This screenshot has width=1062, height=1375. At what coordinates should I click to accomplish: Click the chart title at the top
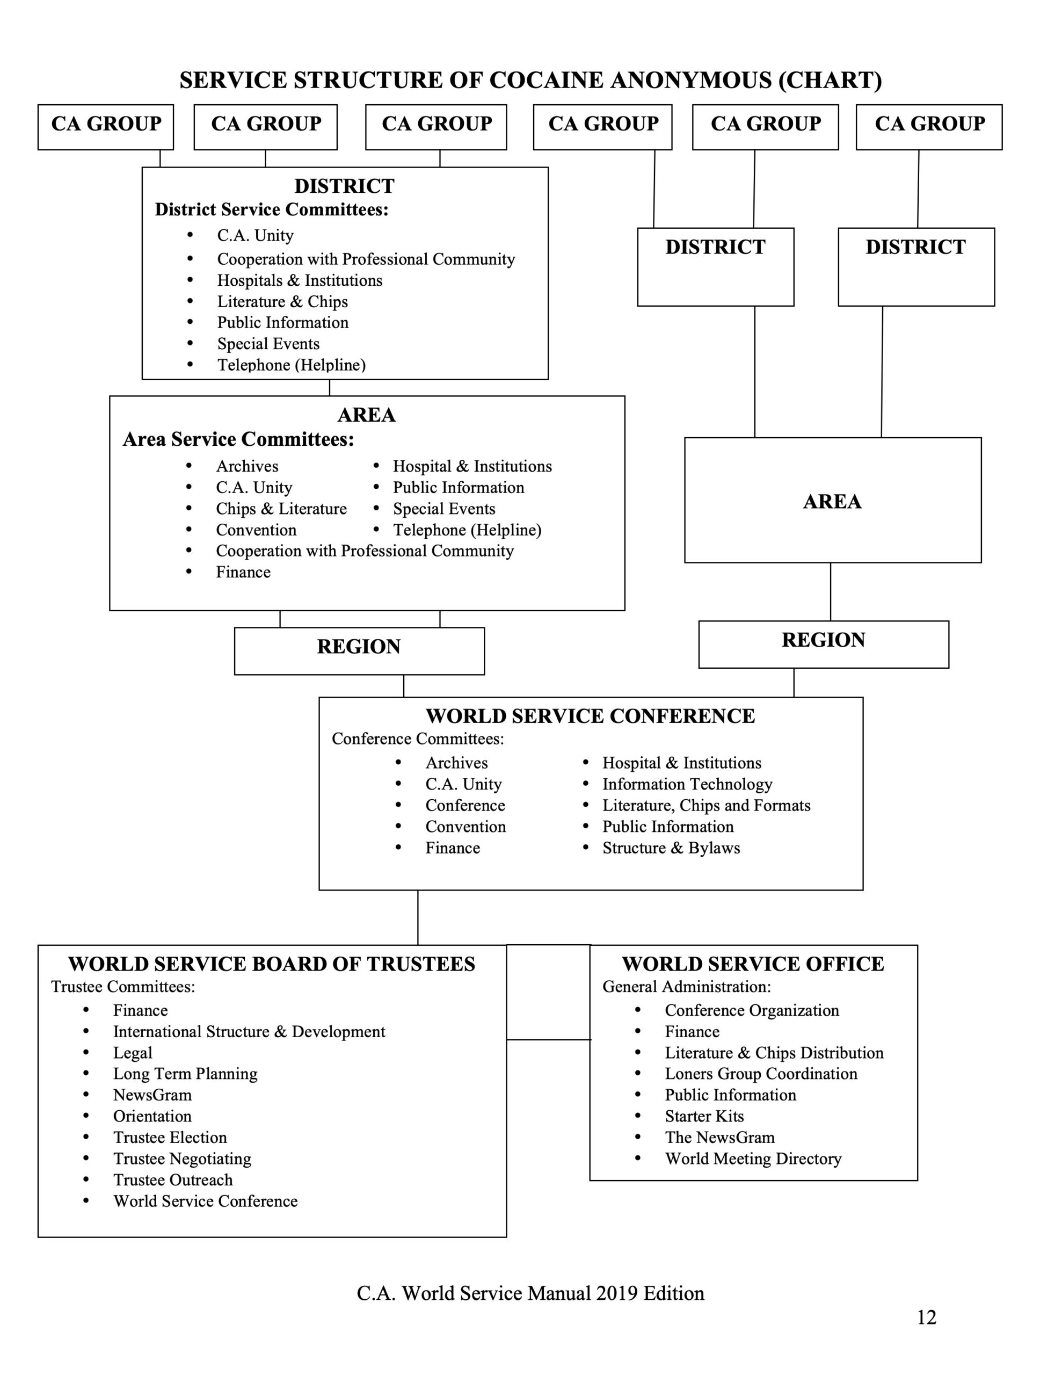530,81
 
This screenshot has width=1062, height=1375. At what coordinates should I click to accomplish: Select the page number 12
926,1317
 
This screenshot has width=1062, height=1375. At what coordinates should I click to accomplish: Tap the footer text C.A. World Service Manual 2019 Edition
530,1293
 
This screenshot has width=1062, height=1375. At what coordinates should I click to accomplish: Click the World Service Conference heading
590,716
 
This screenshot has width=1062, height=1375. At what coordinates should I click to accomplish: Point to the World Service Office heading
753,964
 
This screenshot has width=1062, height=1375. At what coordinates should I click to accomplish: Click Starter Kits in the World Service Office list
704,1116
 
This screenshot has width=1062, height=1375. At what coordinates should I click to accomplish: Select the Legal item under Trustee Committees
133,1053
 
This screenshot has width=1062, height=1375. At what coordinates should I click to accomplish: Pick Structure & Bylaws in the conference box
671,848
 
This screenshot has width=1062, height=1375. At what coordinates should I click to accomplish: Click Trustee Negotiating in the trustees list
182,1159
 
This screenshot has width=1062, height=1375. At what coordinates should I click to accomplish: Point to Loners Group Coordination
761,1074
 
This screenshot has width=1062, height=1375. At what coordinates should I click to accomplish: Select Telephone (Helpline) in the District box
292,365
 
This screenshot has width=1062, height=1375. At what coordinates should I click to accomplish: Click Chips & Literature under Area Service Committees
281,509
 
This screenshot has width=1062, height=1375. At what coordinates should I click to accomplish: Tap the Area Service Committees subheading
238,439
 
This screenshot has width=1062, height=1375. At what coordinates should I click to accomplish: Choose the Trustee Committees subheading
123,987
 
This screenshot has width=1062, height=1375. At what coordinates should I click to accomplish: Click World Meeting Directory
753,1159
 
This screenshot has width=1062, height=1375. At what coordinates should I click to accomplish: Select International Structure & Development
249,1031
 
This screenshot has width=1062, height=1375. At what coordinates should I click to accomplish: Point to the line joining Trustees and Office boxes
548,1039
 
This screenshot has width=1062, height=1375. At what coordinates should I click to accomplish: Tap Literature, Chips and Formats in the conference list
707,805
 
